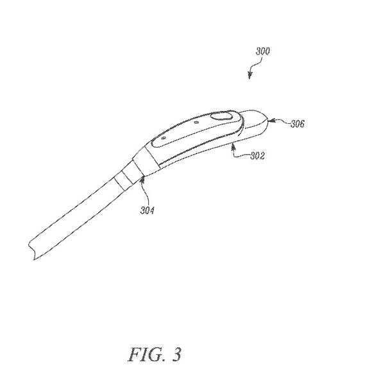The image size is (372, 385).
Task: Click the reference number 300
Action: click(262, 51)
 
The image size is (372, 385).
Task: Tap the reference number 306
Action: click(298, 124)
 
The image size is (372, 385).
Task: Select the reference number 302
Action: click(257, 156)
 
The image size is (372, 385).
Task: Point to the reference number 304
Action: click(148, 210)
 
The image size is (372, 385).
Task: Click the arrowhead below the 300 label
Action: click(249, 76)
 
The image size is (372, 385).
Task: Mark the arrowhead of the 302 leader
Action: click(233, 147)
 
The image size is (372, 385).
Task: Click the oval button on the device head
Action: click(221, 116)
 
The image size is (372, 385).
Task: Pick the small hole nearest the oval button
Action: click(196, 122)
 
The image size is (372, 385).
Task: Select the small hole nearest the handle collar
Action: click(164, 138)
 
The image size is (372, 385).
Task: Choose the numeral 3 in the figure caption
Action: click(176, 354)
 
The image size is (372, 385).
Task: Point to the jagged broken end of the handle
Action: click(31, 250)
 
